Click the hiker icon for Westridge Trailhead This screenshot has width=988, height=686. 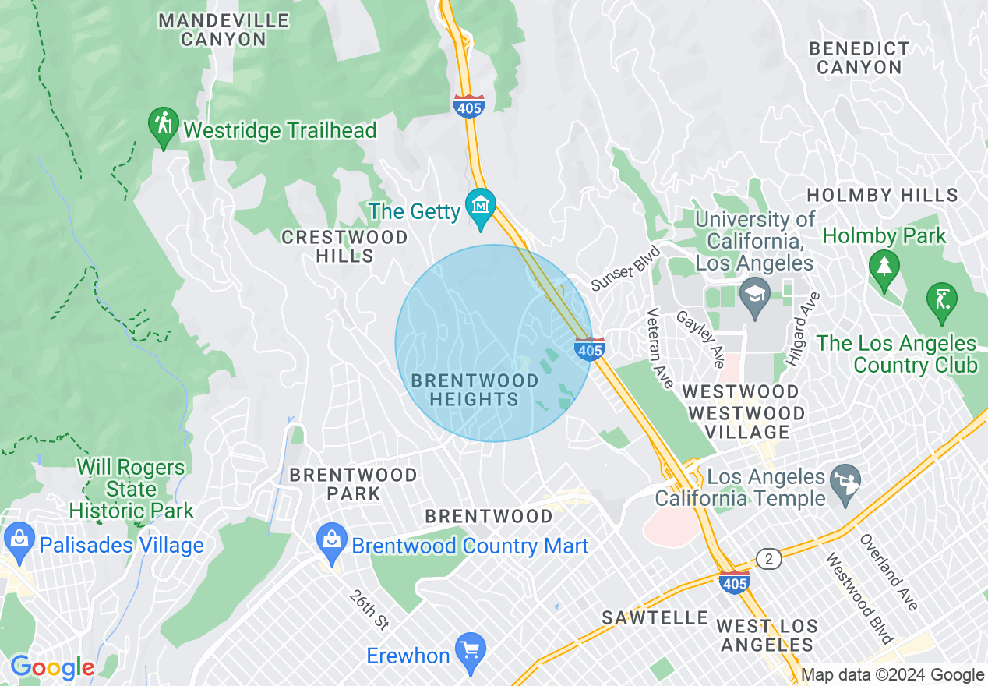[164, 126]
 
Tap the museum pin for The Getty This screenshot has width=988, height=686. [481, 207]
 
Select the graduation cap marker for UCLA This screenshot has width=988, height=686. [754, 297]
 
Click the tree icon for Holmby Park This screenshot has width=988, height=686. [884, 269]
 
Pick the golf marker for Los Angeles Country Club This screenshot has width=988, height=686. [942, 300]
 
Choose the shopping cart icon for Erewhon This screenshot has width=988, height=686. [470, 649]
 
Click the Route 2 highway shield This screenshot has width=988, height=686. [768, 559]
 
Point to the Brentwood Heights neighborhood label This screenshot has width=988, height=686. [475, 390]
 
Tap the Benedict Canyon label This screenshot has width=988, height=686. [859, 58]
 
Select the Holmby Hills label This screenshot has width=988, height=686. [882, 195]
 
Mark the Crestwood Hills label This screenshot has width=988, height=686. [344, 246]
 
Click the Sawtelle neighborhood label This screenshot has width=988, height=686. [655, 617]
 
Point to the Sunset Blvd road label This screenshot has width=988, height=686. [626, 268]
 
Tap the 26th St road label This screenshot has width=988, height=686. [369, 610]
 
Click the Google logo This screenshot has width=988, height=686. [52, 667]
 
